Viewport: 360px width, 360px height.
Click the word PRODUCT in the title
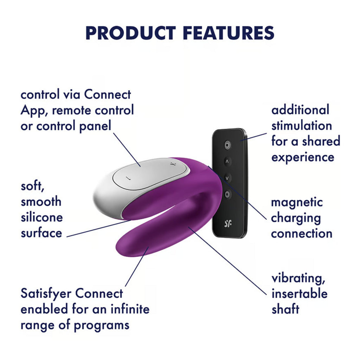130,33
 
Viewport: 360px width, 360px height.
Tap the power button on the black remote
228,144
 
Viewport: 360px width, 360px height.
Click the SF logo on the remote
228,223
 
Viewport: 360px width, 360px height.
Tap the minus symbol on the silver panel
128,178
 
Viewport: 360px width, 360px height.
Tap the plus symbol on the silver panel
172,163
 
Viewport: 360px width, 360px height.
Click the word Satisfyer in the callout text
47,294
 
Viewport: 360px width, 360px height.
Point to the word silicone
41,217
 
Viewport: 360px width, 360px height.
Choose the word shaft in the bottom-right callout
285,309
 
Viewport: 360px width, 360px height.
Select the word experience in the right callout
303,157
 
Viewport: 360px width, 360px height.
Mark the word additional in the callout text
300,110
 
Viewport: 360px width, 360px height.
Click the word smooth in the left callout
41,201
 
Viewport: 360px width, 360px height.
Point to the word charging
296,218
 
